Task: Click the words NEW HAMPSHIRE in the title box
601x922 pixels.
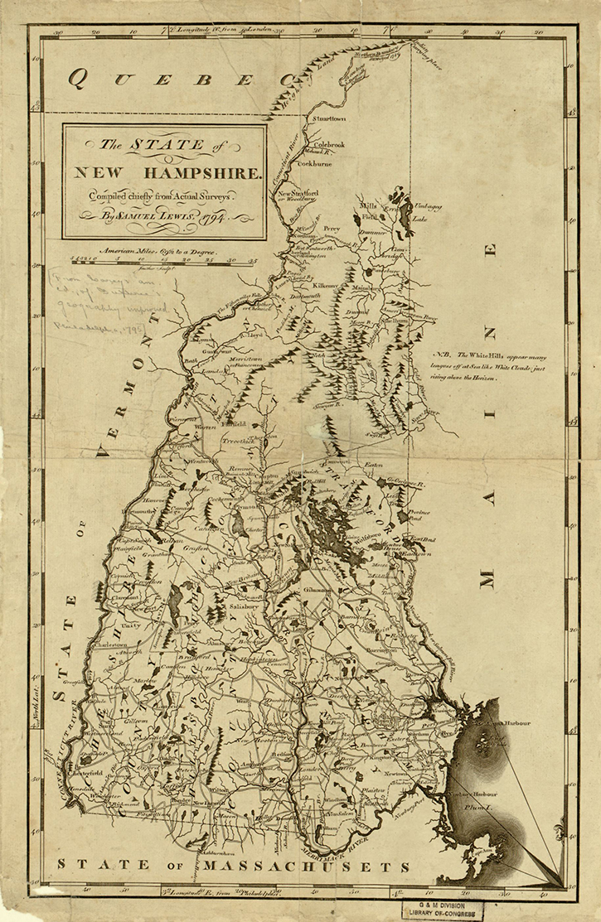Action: pyautogui.click(x=167, y=174)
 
